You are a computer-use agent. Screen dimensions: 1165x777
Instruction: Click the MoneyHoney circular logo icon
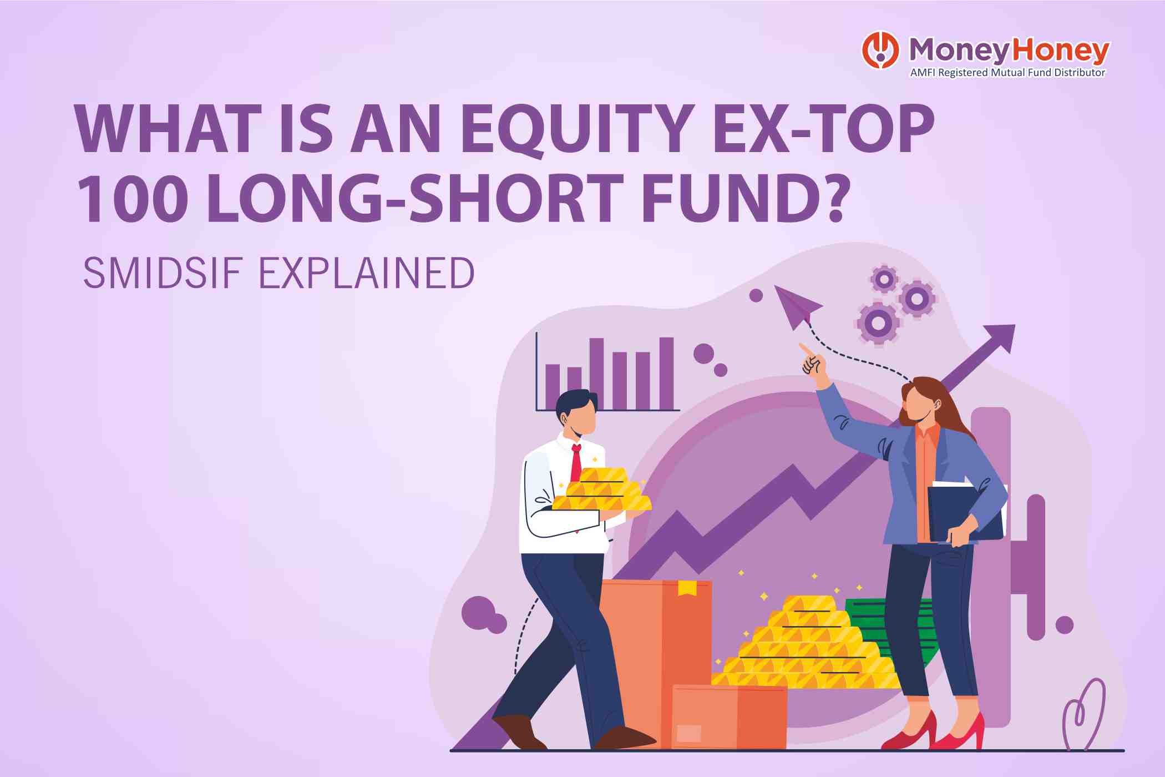pyautogui.click(x=880, y=50)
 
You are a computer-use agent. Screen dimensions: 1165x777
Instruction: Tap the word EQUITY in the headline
pyautogui.click(x=578, y=129)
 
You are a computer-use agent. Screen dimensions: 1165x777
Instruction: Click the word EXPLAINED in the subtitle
pyautogui.click(x=367, y=273)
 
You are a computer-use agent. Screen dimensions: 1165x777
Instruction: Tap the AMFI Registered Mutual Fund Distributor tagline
pyautogui.click(x=1007, y=73)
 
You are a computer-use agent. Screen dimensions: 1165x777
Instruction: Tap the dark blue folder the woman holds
pyautogui.click(x=964, y=513)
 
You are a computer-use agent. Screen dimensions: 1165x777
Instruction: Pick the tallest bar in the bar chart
pyautogui.click(x=666, y=374)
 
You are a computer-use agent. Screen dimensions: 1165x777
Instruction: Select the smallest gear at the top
pyautogui.click(x=884, y=279)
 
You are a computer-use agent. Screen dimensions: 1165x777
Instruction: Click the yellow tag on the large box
pyautogui.click(x=687, y=588)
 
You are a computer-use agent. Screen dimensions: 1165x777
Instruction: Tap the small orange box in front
pyautogui.click(x=729, y=717)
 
